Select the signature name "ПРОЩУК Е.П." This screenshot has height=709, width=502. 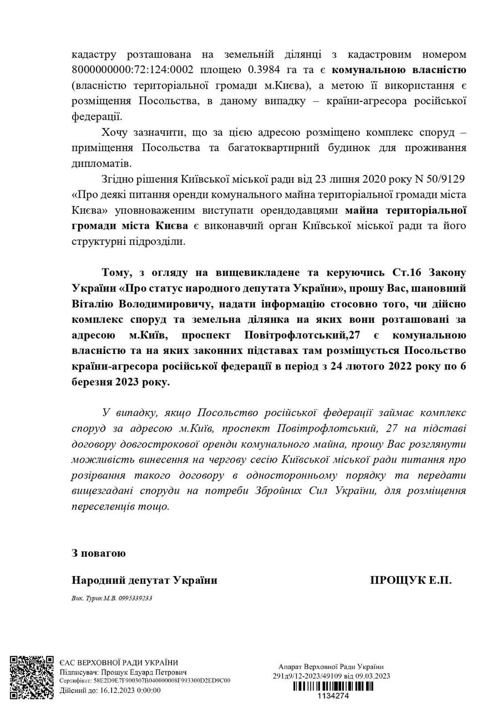pos(411,580)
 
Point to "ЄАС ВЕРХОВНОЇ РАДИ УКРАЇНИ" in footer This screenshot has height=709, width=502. pos(119,662)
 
